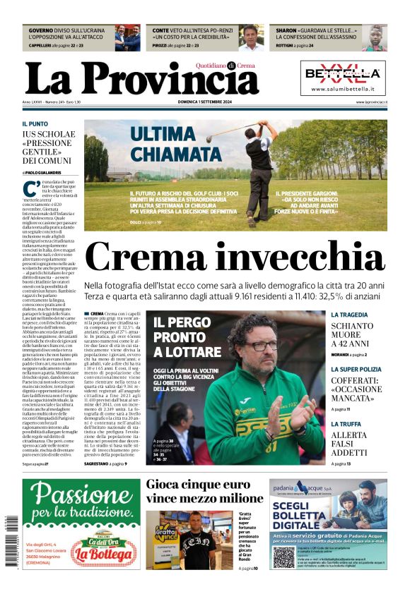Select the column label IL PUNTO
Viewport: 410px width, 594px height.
35,123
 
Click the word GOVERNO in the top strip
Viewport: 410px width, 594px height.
41,31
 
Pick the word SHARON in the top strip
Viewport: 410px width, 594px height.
286,31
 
